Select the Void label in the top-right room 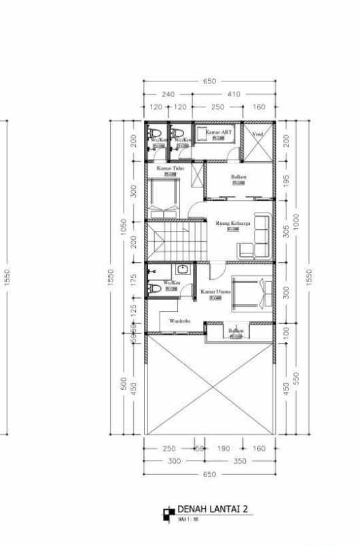click(x=257, y=134)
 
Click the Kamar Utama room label click(x=216, y=291)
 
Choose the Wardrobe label click(x=179, y=321)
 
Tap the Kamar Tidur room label click(x=170, y=168)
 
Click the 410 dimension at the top click(x=234, y=94)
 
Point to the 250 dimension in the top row click(x=217, y=107)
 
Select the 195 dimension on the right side click(x=286, y=182)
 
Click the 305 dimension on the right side click(x=286, y=232)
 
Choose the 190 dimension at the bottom click(x=223, y=449)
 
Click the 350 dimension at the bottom click(x=238, y=461)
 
